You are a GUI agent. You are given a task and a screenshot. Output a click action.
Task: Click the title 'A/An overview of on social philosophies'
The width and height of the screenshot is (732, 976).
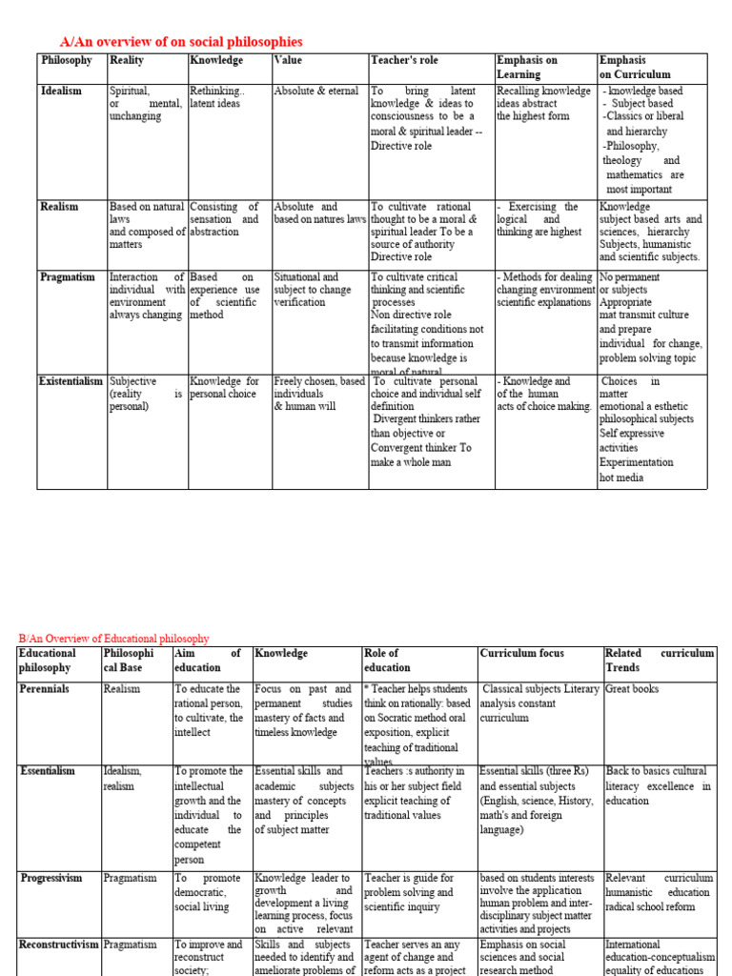tap(181, 42)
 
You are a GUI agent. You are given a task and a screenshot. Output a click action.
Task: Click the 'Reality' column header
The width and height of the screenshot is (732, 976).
tap(127, 60)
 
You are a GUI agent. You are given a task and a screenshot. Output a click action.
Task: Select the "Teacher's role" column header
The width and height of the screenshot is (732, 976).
tap(404, 60)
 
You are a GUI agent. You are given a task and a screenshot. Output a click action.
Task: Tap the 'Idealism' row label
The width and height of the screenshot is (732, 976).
tap(61, 91)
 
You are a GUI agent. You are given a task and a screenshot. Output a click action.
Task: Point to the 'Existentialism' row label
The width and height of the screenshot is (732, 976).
tap(71, 381)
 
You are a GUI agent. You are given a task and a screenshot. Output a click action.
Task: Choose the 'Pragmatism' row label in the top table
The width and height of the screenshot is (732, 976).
tap(68, 277)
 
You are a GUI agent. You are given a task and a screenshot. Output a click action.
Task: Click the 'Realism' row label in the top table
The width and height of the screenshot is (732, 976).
tap(59, 206)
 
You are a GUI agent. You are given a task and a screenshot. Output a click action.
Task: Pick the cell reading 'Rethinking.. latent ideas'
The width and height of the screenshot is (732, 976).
tap(217, 97)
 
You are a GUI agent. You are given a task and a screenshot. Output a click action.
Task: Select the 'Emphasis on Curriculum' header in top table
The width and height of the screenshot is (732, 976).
tap(635, 67)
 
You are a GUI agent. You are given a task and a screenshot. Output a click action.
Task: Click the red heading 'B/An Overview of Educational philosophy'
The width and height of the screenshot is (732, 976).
tap(114, 639)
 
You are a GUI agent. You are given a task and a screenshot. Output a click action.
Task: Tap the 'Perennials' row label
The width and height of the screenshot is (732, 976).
tap(44, 688)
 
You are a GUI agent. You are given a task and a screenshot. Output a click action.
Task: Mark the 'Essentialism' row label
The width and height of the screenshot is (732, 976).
tap(48, 771)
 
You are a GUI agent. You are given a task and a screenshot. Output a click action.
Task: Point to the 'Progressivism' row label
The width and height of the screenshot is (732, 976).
tap(51, 878)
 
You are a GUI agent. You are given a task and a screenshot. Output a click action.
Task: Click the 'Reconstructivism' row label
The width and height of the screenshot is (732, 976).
tap(58, 945)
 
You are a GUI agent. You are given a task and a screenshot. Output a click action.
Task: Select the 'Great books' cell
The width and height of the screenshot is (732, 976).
tap(632, 688)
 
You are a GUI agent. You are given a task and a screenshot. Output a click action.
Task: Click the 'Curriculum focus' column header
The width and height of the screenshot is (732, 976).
tap(522, 653)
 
